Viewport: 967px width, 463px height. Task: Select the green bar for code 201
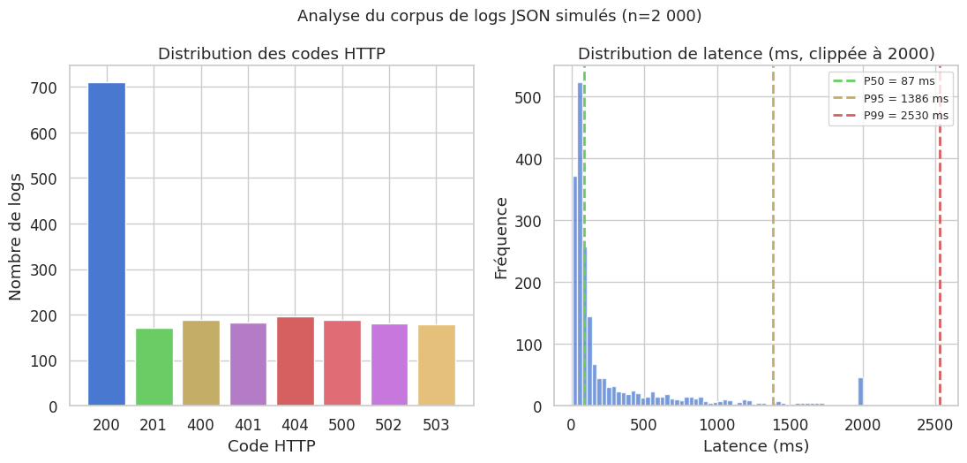154,368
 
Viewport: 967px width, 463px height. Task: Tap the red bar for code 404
296,361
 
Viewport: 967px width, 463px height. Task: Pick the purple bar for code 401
248,365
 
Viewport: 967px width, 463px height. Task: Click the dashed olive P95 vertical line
773,265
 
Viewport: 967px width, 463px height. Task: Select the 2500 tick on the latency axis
934,425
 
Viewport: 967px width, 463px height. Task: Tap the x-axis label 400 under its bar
200,425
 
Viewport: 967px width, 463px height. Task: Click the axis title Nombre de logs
16,235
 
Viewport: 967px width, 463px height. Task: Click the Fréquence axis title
501,237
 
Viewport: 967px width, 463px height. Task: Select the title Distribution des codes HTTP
272,54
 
